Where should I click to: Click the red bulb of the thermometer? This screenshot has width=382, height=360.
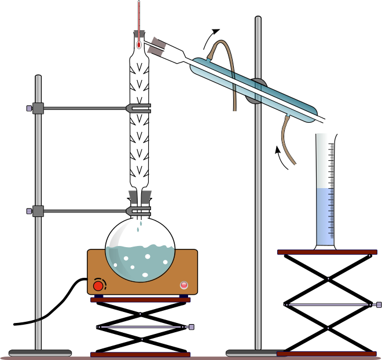[139, 45]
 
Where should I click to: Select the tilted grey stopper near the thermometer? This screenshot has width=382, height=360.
[156, 46]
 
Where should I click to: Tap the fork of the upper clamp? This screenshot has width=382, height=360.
[139, 108]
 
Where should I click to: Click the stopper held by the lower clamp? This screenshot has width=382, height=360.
[139, 197]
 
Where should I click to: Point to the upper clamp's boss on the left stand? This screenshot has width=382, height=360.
[38, 108]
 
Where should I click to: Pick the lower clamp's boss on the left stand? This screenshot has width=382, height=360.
[38, 211]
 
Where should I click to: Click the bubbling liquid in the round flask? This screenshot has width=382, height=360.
[140, 263]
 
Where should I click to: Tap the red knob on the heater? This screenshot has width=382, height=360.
[98, 285]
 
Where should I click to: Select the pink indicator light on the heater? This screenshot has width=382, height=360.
[184, 285]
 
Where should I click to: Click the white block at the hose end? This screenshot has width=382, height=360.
[234, 115]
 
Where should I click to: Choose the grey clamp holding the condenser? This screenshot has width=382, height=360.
[256, 91]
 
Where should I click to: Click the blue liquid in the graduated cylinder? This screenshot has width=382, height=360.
[325, 217]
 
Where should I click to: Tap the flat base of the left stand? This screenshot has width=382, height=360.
[40, 352]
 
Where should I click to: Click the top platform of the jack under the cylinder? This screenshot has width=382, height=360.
[327, 252]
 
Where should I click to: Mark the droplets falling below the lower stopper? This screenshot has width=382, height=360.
[139, 226]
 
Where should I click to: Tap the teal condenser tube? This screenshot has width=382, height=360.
[278, 98]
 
